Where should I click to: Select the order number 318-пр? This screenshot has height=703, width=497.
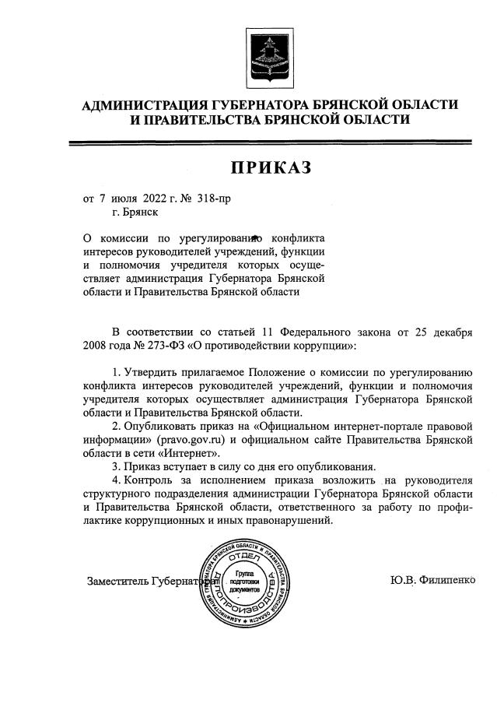pos(214,199)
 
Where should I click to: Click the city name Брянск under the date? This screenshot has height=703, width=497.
pos(142,211)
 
